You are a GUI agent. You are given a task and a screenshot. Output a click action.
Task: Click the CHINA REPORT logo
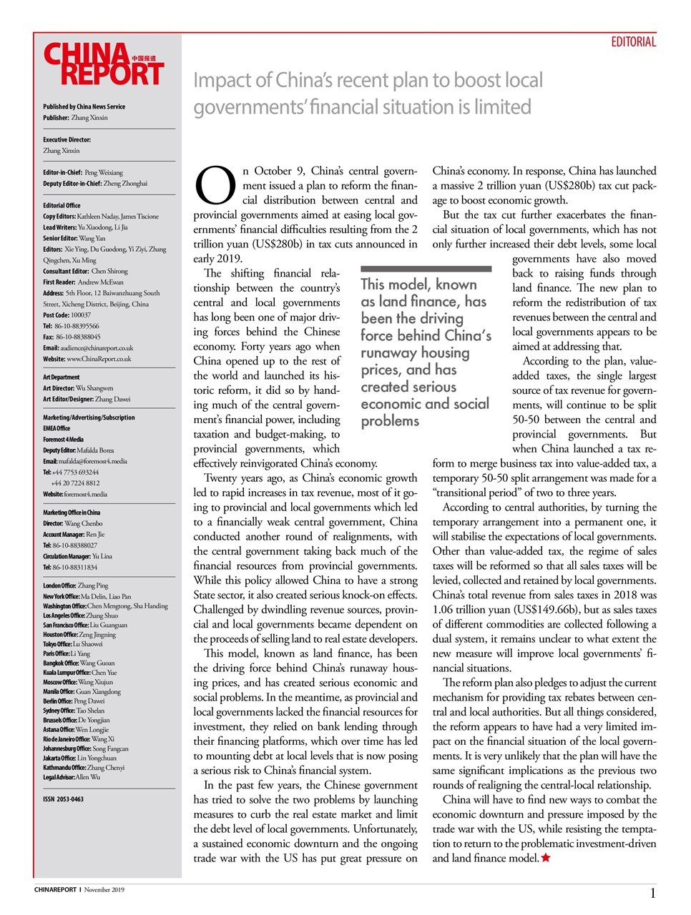(104, 64)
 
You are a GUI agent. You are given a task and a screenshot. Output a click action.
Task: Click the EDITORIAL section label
(633, 42)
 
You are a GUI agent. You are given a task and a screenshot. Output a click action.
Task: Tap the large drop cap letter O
(215, 185)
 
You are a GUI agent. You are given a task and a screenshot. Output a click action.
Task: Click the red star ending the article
(546, 858)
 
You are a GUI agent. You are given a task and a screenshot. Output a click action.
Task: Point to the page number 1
(652, 893)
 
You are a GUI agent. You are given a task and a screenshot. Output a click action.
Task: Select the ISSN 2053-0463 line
(63, 799)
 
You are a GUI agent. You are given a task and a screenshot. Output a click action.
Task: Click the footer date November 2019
(104, 890)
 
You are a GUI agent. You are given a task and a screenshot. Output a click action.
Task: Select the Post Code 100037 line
(67, 315)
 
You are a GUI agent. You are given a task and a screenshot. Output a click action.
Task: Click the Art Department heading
(62, 377)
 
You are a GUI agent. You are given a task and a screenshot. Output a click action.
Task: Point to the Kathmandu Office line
(84, 768)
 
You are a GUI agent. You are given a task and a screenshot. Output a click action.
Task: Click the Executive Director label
(67, 139)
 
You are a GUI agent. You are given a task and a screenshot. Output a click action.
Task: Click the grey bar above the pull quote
(426, 269)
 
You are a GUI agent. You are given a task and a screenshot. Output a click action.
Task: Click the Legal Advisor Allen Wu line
(72, 777)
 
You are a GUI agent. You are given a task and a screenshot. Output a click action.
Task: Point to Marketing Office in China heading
(72, 513)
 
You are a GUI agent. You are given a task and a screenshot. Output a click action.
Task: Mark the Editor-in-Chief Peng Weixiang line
(83, 172)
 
